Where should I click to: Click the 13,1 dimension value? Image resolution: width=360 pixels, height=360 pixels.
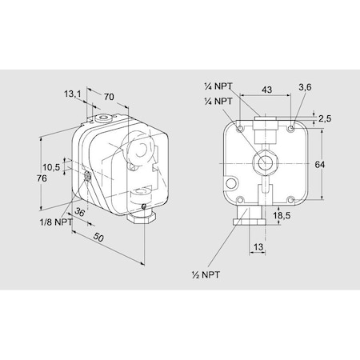(x=72, y=94)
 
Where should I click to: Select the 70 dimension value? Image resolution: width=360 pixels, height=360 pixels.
(x=109, y=97)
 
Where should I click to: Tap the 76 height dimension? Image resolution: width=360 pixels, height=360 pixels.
(x=42, y=178)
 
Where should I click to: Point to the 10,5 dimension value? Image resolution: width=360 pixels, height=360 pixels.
(x=51, y=167)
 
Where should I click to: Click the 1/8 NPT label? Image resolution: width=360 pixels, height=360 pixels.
(x=56, y=222)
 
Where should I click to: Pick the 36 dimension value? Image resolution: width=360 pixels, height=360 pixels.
(x=80, y=212)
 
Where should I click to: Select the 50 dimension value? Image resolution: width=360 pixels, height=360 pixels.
(x=98, y=237)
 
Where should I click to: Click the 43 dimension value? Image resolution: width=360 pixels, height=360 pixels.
(x=266, y=90)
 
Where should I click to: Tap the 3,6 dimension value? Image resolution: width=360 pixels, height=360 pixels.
(x=305, y=87)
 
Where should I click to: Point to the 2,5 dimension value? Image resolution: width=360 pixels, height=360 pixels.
(x=325, y=118)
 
